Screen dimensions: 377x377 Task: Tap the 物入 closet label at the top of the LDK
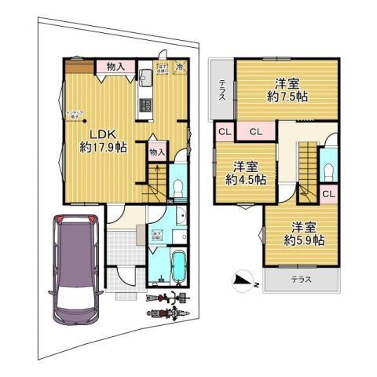[115, 68]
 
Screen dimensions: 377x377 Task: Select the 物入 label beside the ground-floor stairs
[157, 152]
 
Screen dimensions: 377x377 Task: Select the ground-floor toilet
[178, 185]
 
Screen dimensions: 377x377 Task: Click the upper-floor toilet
[329, 170]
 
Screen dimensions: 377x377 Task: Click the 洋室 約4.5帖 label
[246, 172]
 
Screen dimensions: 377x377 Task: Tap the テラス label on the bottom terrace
[302, 279]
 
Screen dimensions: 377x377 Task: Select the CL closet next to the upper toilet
[328, 193]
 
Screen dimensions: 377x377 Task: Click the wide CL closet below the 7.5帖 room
[255, 132]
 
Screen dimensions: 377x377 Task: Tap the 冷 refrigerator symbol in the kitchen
[180, 67]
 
